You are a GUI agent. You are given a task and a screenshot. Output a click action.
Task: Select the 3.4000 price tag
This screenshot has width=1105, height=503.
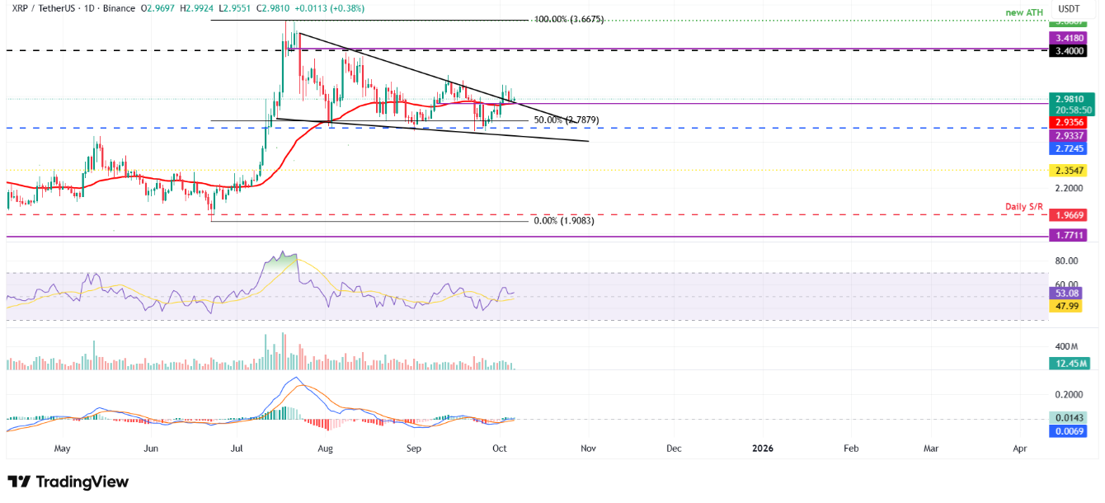pyautogui.click(x=1069, y=51)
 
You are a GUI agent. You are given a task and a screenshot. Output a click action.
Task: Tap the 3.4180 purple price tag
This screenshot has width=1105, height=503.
pyautogui.click(x=1069, y=38)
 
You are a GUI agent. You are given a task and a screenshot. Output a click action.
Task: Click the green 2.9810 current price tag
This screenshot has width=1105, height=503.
pyautogui.click(x=1069, y=99)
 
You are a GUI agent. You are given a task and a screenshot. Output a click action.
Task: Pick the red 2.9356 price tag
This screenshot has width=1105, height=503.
pyautogui.click(x=1069, y=122)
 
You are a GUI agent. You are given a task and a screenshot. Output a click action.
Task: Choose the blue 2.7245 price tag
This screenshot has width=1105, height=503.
pyautogui.click(x=1069, y=148)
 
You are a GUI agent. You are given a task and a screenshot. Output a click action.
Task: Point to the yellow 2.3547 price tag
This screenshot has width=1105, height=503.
pyautogui.click(x=1069, y=171)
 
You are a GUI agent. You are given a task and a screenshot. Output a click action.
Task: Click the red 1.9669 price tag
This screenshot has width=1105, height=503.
pyautogui.click(x=1069, y=215)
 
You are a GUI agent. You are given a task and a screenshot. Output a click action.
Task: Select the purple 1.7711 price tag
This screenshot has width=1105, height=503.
pyautogui.click(x=1069, y=236)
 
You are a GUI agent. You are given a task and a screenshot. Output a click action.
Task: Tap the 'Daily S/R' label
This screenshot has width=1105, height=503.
pyautogui.click(x=1026, y=206)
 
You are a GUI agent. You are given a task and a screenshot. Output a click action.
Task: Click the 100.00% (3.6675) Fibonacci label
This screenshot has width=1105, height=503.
pyautogui.click(x=569, y=19)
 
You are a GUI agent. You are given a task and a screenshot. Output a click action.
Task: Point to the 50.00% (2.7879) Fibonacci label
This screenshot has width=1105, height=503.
pyautogui.click(x=566, y=120)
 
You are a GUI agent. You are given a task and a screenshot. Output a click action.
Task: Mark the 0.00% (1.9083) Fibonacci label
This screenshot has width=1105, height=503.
pyautogui.click(x=564, y=221)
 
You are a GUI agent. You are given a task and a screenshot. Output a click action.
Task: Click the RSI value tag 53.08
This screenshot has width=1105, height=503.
pyautogui.click(x=1069, y=293)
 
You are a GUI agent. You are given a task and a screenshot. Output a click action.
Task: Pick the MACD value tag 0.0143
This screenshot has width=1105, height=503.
pyautogui.click(x=1069, y=418)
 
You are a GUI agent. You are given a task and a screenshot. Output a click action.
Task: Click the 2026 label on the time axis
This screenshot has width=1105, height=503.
pyautogui.click(x=763, y=449)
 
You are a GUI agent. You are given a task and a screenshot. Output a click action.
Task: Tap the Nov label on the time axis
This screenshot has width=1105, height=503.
pyautogui.click(x=587, y=449)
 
